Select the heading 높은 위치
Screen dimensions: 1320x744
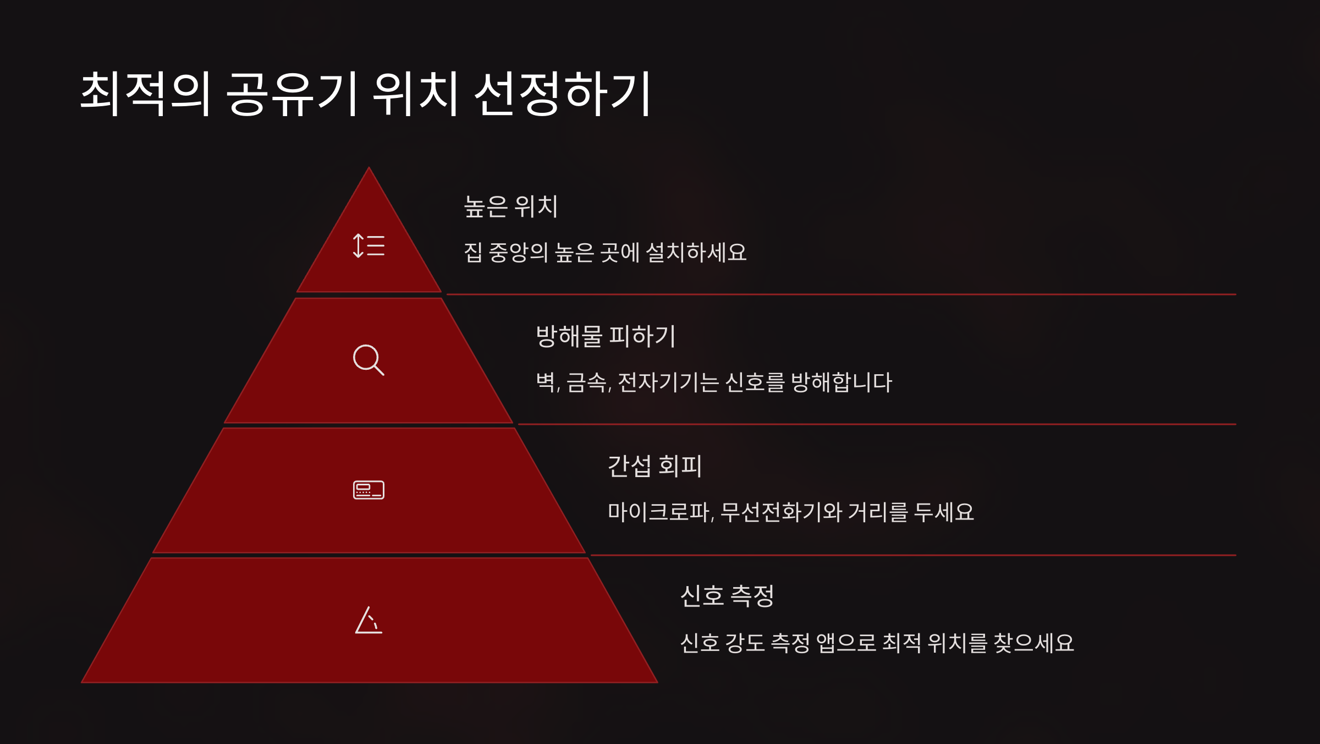tap(510, 207)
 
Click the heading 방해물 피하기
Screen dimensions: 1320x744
tap(606, 336)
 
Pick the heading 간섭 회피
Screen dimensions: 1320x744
tap(654, 466)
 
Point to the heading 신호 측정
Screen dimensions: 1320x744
tap(727, 596)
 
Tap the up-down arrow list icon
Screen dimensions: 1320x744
tap(369, 245)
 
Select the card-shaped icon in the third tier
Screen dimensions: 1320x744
tap(369, 490)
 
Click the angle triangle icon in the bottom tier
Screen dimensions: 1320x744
tap(369, 620)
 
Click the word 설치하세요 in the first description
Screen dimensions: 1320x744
tap(696, 253)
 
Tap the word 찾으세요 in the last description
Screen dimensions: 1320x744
tap(1033, 643)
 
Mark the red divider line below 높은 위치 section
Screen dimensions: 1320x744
tap(842, 294)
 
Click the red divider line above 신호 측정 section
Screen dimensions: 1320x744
tap(913, 555)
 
